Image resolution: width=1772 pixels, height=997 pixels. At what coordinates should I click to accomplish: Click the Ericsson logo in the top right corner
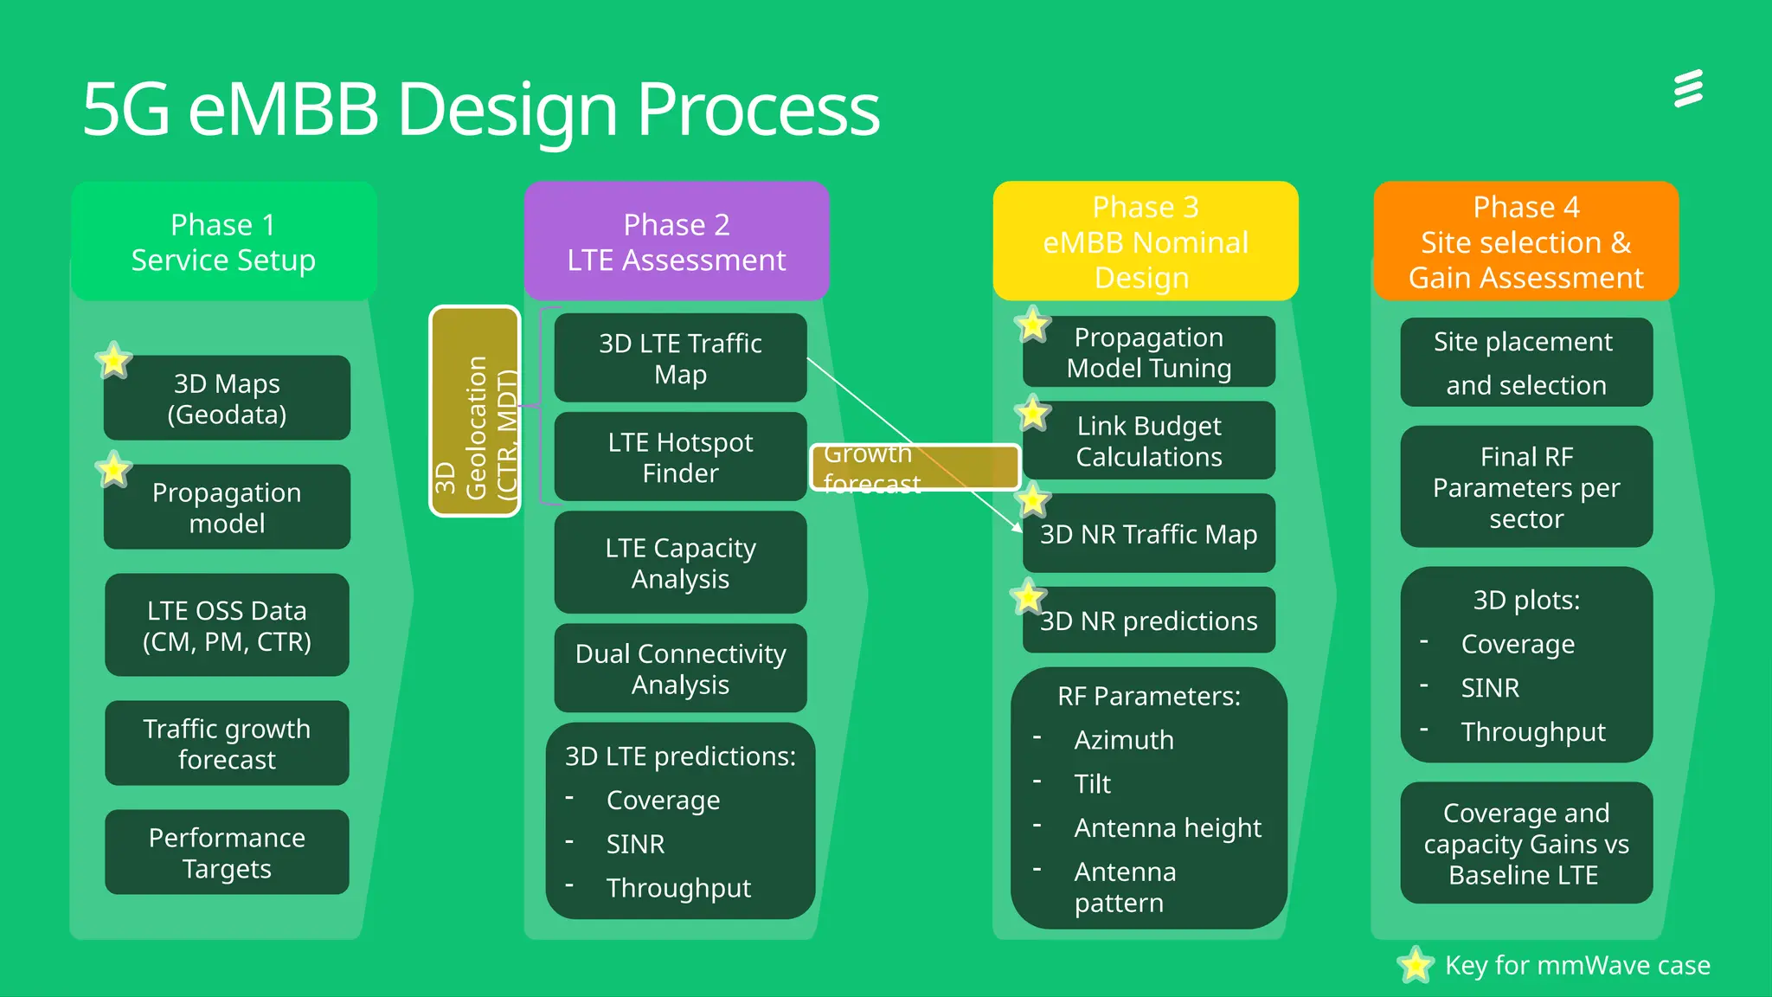[1688, 89]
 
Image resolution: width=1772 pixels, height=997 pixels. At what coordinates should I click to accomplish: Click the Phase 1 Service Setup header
[223, 242]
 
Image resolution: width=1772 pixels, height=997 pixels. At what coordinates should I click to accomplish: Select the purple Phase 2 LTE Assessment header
[677, 242]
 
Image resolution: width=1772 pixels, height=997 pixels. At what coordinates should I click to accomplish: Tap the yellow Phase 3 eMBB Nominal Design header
[1145, 242]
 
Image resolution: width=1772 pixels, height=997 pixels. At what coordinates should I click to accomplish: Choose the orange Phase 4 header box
[1525, 242]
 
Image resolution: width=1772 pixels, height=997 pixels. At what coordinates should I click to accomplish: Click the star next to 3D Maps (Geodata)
[113, 360]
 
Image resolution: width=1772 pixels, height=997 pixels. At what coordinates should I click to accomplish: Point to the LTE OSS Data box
[227, 626]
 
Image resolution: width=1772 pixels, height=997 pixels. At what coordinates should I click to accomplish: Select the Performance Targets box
[227, 852]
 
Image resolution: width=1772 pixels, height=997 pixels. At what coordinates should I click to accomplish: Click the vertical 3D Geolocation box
[475, 412]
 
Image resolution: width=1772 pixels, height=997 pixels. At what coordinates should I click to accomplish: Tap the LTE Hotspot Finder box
[680, 457]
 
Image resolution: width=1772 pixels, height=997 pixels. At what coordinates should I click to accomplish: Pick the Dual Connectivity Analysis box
[680, 668]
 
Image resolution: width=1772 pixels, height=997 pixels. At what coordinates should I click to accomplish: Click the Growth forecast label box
[915, 467]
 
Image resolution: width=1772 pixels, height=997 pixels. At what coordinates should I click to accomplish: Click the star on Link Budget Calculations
[1033, 414]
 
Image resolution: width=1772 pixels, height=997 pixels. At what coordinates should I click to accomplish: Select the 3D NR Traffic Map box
[1148, 534]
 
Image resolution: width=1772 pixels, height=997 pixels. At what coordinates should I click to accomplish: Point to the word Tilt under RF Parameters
[1092, 784]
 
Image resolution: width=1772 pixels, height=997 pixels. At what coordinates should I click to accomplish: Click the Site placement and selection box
[1525, 363]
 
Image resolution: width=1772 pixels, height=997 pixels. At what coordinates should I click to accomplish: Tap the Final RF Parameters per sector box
[1525, 487]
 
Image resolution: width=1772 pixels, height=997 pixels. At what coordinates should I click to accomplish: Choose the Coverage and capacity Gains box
[1525, 844]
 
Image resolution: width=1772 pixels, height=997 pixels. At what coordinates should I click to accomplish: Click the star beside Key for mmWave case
[1416, 965]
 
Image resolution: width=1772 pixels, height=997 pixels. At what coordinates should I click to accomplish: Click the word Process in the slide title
[758, 110]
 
